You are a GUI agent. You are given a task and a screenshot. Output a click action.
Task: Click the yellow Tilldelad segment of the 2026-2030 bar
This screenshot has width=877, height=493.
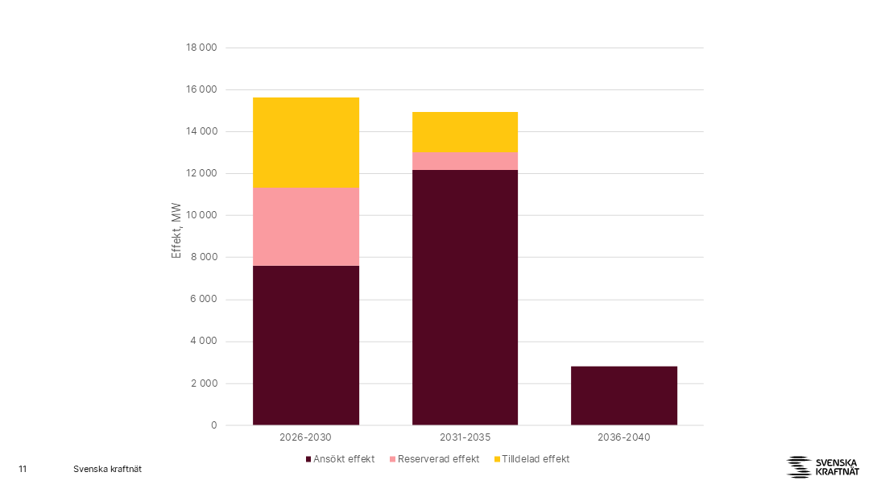[306, 143]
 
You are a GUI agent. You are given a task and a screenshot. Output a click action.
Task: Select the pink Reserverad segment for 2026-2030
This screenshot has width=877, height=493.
[306, 226]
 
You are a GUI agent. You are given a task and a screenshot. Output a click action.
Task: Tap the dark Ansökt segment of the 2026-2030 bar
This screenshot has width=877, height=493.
[306, 346]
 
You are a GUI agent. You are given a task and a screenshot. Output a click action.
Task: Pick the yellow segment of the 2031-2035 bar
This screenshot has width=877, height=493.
[465, 132]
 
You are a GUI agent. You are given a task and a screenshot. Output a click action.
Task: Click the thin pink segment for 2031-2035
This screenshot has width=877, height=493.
[465, 161]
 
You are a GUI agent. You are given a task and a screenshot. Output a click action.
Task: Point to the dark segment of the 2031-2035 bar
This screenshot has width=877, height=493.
[465, 298]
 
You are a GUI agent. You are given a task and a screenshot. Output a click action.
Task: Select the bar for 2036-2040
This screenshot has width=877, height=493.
[623, 396]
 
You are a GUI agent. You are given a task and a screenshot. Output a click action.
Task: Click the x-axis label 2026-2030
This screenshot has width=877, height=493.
[305, 437]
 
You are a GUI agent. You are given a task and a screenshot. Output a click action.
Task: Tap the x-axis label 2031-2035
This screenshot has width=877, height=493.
[465, 437]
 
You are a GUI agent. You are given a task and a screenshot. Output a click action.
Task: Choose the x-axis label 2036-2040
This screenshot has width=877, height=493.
[623, 437]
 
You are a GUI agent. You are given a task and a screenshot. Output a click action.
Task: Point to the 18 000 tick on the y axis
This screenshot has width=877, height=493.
[201, 48]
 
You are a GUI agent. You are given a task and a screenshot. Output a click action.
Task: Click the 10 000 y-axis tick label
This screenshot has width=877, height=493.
[201, 215]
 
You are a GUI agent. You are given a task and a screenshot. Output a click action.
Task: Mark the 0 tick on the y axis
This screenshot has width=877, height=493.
[213, 425]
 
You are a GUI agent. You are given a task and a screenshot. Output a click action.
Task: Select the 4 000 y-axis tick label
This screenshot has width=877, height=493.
[204, 342]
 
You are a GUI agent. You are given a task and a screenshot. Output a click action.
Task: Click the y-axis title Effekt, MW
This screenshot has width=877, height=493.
[176, 230]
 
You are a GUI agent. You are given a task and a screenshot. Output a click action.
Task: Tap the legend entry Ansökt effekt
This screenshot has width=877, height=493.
[340, 459]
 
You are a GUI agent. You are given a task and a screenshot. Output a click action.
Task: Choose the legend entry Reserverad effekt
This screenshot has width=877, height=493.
[435, 459]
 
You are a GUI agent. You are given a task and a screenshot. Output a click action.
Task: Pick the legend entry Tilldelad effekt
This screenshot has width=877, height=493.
[532, 459]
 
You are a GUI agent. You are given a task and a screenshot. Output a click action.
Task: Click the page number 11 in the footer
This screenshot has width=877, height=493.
[23, 469]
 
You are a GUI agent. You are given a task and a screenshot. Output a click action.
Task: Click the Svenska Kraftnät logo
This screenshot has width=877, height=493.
[822, 467]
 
